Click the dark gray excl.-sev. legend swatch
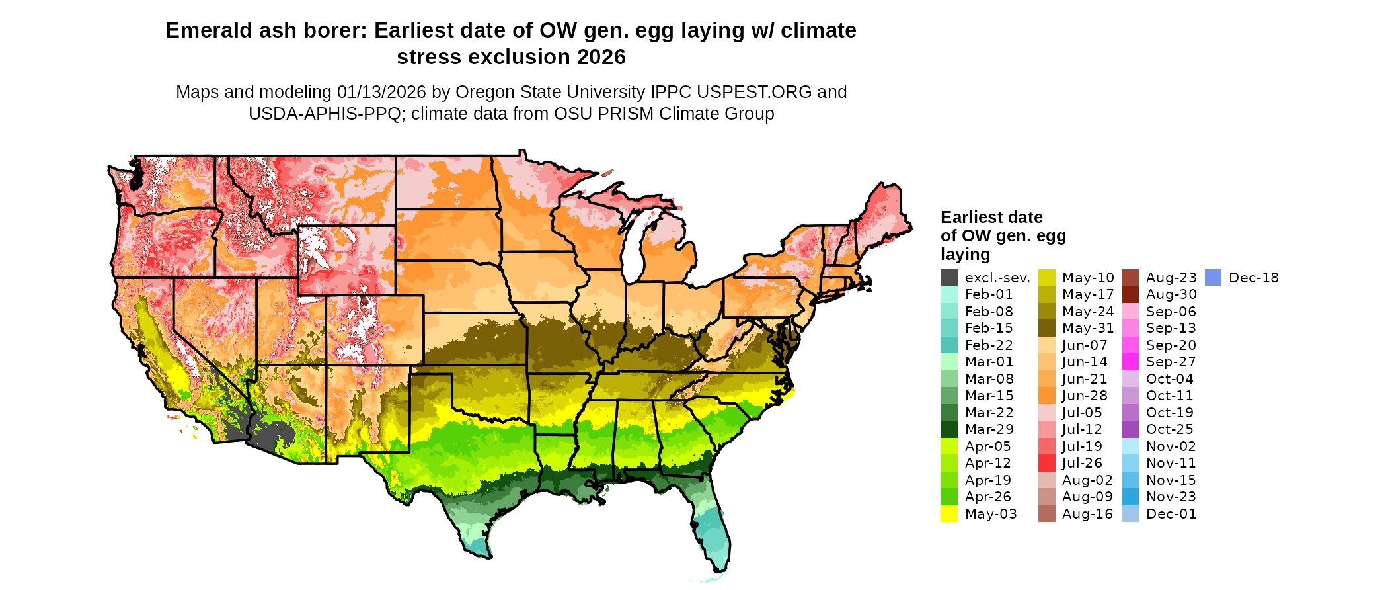[x=949, y=278]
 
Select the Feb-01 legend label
[x=989, y=295]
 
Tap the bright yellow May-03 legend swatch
[x=949, y=514]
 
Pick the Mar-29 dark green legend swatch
[x=949, y=429]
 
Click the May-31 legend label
[x=1088, y=328]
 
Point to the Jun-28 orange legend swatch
[x=1047, y=396]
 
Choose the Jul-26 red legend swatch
[x=1047, y=463]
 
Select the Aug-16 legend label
[x=1088, y=514]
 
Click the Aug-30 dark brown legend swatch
[x=1131, y=295]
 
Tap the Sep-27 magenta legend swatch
[x=1131, y=362]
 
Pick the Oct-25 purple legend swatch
[x=1131, y=429]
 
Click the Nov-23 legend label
[x=1171, y=497]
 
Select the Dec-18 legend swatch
[x=1214, y=278]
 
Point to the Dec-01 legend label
[x=1171, y=514]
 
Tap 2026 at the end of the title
[x=601, y=58]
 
